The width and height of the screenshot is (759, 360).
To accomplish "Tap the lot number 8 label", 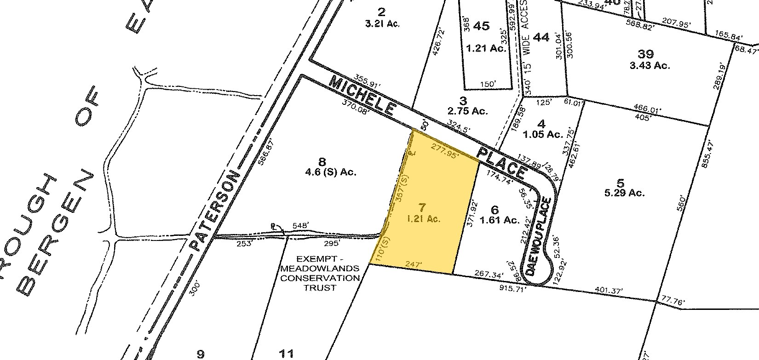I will (322, 161).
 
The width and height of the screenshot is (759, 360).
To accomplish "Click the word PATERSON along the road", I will (216, 212).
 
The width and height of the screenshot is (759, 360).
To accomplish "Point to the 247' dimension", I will (414, 264).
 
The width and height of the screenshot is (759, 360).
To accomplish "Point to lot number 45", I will (481, 26).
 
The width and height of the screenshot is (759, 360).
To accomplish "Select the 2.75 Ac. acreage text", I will (467, 111).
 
